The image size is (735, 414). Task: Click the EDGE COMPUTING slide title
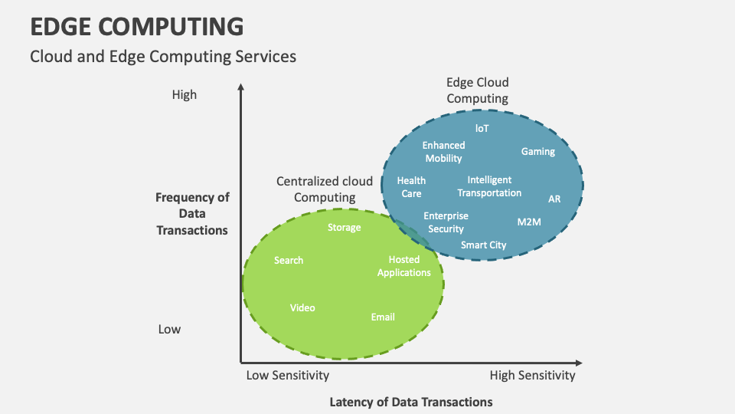click(x=137, y=26)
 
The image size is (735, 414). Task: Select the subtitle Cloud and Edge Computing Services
click(x=162, y=57)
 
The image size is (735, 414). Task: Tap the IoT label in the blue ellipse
click(x=482, y=128)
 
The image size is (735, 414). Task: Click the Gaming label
click(x=537, y=151)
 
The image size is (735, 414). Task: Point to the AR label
click(x=554, y=199)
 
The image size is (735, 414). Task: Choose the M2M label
click(x=528, y=222)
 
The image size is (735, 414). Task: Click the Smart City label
click(x=483, y=245)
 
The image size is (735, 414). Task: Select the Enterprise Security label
click(x=446, y=222)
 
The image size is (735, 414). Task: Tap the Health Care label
click(x=411, y=187)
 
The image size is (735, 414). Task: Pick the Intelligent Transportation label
click(x=489, y=186)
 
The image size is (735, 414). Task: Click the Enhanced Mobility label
click(x=443, y=151)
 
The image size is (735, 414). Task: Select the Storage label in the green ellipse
click(x=344, y=227)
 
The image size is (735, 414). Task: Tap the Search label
click(x=289, y=260)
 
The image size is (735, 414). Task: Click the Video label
click(x=302, y=307)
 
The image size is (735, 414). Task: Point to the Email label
click(x=383, y=317)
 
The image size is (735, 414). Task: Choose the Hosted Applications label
click(x=403, y=266)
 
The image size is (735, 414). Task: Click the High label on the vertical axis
click(x=184, y=94)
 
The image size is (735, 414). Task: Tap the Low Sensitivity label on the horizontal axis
click(x=287, y=375)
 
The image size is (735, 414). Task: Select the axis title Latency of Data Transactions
click(x=410, y=402)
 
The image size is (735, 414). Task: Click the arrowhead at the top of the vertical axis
click(x=240, y=87)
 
